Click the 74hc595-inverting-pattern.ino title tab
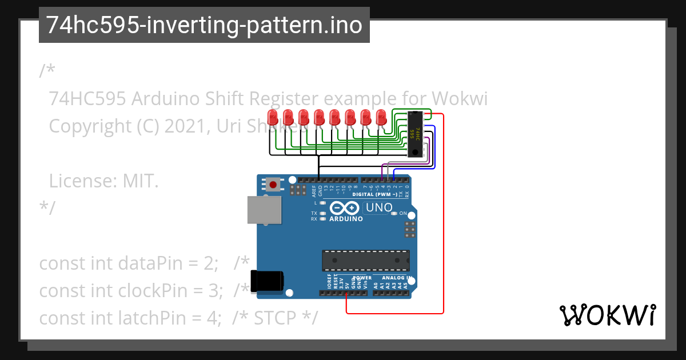[x=204, y=25]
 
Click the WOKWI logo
[x=607, y=315]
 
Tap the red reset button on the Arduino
[x=273, y=185]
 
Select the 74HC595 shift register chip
[x=416, y=134]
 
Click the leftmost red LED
[x=273, y=117]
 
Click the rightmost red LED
[x=381, y=117]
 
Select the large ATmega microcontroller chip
[x=365, y=260]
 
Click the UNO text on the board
[x=378, y=207]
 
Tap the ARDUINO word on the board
[x=346, y=219]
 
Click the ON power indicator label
[x=403, y=214]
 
